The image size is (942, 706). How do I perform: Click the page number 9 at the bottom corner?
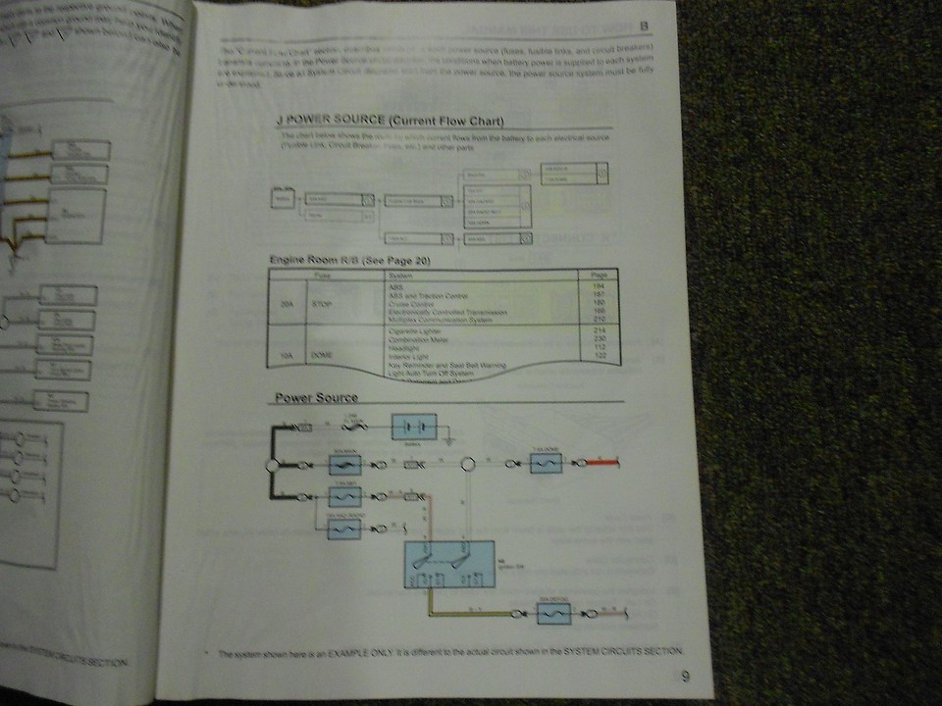(x=686, y=675)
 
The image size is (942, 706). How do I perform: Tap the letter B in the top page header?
(x=645, y=26)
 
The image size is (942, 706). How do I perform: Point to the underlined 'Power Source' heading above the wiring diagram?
(x=316, y=397)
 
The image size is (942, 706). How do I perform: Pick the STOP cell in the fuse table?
(x=322, y=305)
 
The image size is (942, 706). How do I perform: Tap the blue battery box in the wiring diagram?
(x=414, y=429)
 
